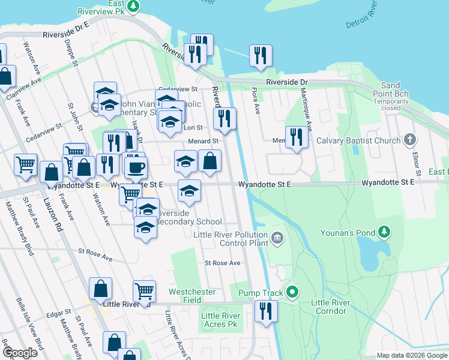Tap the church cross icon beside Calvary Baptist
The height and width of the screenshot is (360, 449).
(x=410, y=140)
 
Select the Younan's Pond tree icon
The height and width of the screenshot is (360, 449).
(x=384, y=232)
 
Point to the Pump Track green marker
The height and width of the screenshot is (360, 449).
(x=292, y=293)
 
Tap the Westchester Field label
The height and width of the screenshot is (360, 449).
(x=192, y=296)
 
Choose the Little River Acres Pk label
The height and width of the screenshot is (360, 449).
(x=221, y=320)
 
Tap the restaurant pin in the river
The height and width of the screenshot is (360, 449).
(x=261, y=55)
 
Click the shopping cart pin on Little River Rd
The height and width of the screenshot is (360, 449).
(x=145, y=291)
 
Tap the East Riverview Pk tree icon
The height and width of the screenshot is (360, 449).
(x=134, y=7)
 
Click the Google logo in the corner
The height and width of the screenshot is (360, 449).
(x=20, y=353)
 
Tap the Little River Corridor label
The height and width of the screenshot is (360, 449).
(x=329, y=307)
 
